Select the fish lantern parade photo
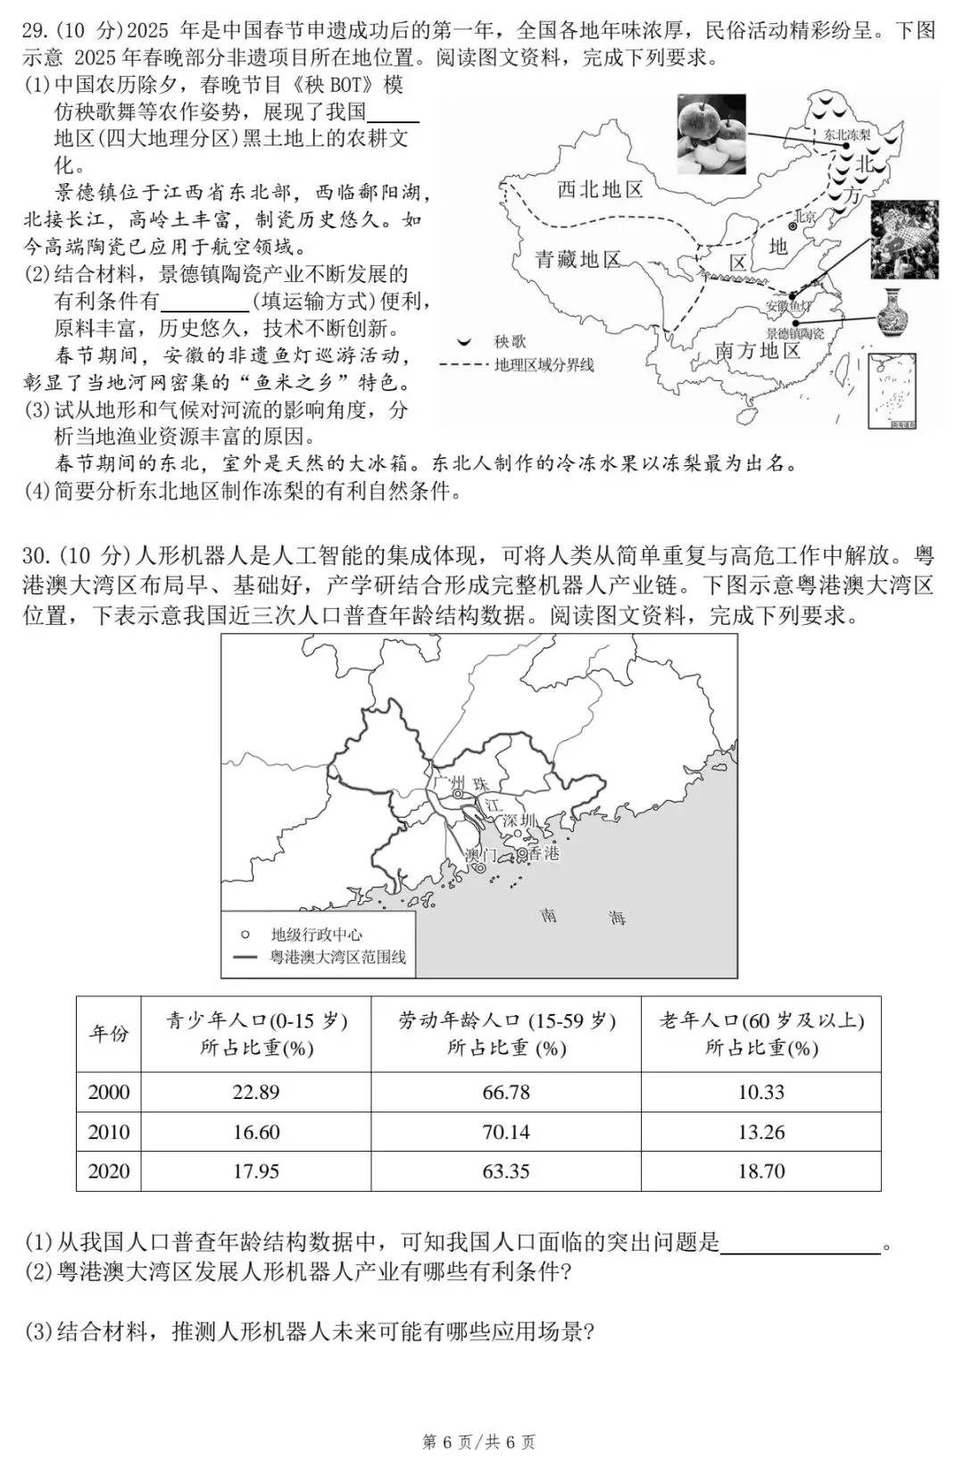[x=904, y=238]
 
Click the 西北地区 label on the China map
[x=600, y=189]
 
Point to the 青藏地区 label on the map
[x=578, y=260]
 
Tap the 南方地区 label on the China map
[x=758, y=351]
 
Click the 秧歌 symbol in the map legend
[x=465, y=342]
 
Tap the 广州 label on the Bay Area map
[x=448, y=782]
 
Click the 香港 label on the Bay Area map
[x=543, y=853]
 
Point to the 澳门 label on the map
[x=480, y=854]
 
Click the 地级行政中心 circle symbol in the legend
[x=245, y=935]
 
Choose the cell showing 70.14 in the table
[x=506, y=1132]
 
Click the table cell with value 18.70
[x=761, y=1171]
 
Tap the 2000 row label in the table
[x=109, y=1092]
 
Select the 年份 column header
[x=109, y=1033]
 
